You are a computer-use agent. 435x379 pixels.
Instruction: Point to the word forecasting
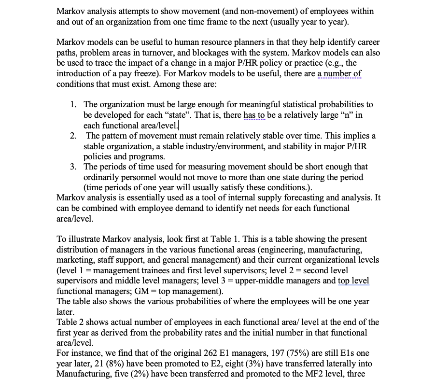pos(265,198)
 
